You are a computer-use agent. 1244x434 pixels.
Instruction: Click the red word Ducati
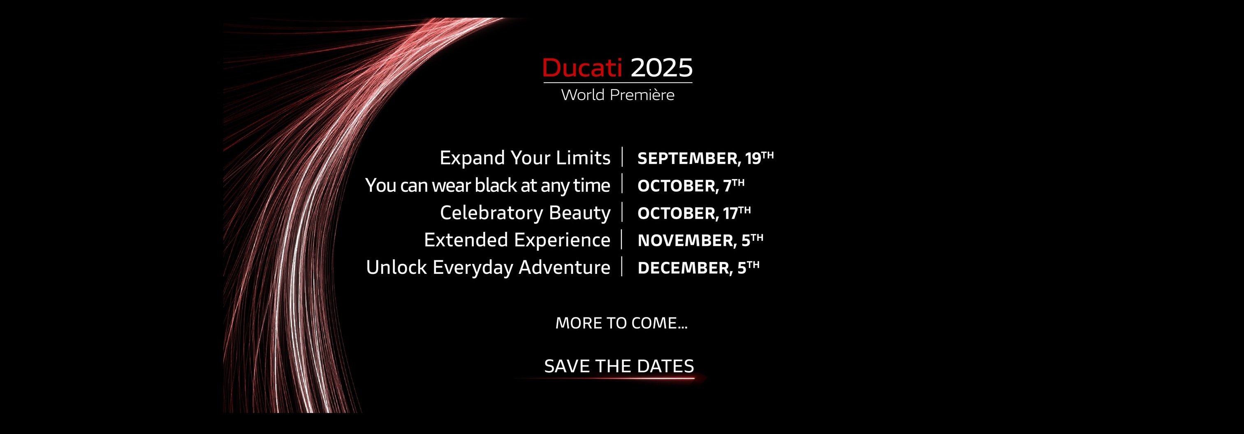[x=582, y=68]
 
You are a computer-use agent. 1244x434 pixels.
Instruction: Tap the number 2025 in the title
[x=662, y=68]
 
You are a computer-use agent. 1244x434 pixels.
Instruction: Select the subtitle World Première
[x=618, y=95]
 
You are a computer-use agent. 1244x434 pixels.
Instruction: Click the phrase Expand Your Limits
[x=525, y=158]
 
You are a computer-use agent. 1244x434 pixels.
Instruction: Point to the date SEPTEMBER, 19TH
[x=706, y=158]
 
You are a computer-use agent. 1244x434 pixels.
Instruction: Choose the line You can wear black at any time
[x=488, y=186]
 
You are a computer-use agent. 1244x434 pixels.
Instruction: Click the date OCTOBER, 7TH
[x=691, y=185]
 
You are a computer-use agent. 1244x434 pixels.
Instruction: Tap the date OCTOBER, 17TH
[x=694, y=212]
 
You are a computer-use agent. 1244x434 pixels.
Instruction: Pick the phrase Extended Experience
[x=517, y=240]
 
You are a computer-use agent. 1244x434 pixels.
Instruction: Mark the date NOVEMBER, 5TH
[x=700, y=240]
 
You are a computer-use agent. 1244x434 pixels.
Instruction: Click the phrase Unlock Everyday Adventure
[x=488, y=268]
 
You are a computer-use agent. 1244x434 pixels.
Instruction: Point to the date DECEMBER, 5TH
[x=698, y=267]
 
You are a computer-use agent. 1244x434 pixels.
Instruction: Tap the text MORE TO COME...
[x=621, y=323]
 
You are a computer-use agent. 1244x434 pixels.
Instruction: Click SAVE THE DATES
[x=619, y=366]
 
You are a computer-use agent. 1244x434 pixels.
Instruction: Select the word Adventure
[x=565, y=267]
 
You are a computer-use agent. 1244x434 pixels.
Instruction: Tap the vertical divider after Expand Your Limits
[x=623, y=157]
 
